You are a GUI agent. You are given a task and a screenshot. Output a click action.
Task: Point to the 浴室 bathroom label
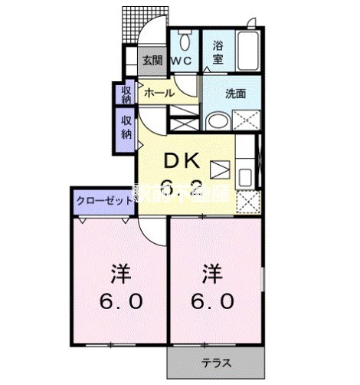(218, 50)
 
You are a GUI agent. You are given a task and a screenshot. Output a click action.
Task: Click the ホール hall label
(159, 93)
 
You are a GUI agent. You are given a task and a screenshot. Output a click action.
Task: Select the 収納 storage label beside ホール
(126, 93)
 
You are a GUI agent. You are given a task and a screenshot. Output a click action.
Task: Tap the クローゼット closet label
(103, 201)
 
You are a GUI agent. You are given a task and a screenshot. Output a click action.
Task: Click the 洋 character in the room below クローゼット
(119, 273)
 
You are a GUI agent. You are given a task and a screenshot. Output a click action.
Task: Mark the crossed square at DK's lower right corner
(247, 201)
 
